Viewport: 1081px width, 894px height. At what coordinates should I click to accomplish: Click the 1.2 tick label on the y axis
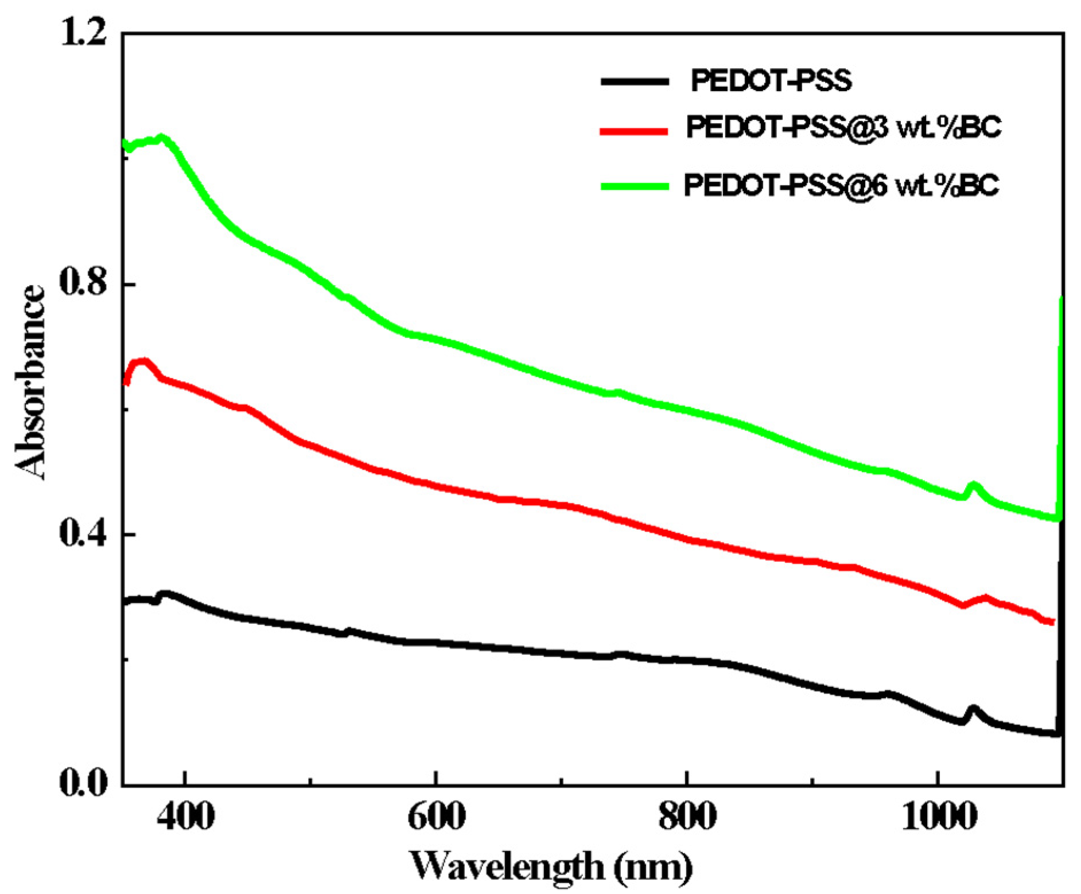click(84, 33)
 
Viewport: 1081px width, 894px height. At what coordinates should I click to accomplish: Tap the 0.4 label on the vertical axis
click(84, 534)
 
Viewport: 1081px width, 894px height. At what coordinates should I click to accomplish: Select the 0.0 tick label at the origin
click(84, 783)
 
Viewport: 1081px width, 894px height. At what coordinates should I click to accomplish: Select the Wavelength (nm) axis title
click(551, 866)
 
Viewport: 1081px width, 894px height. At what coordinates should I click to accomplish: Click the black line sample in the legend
click(635, 81)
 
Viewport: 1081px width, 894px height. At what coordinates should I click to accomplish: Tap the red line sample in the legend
click(635, 131)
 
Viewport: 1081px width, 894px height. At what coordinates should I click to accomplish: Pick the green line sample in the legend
click(635, 186)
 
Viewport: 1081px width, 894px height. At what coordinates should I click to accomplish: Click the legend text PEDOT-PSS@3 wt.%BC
click(843, 127)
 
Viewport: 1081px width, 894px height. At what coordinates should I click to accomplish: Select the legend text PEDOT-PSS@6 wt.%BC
click(841, 185)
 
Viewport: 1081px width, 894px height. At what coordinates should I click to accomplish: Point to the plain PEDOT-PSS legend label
click(771, 81)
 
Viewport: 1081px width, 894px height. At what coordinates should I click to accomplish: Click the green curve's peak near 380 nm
click(162, 138)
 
